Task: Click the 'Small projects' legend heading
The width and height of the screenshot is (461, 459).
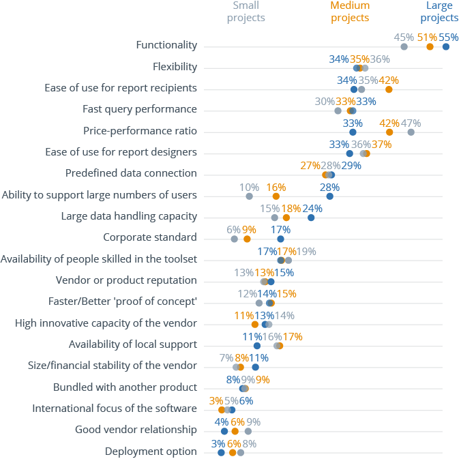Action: [x=246, y=12]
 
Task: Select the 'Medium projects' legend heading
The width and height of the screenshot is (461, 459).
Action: [x=350, y=12]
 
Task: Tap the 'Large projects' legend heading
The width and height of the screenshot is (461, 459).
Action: [x=439, y=12]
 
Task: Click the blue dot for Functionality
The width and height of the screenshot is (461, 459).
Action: [x=446, y=46]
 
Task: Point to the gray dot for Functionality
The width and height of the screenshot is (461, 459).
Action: [x=404, y=46]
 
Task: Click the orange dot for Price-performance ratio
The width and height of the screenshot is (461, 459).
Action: [x=389, y=132]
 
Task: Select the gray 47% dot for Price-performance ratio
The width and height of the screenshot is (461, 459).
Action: [x=411, y=132]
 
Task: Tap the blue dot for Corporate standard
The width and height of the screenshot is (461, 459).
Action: [x=280, y=239]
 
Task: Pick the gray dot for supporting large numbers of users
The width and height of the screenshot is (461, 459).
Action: [x=249, y=196]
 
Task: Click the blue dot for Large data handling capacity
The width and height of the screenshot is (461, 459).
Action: [x=311, y=218]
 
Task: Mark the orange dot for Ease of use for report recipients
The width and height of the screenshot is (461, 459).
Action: [x=389, y=89]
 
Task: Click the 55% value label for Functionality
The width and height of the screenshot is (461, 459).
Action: [x=449, y=37]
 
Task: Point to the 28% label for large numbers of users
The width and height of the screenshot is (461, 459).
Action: [x=329, y=187]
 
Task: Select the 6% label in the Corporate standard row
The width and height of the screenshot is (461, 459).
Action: [x=233, y=230]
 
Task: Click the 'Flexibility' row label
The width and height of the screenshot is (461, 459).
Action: [x=175, y=67]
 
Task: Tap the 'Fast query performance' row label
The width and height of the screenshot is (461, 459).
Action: [x=140, y=109]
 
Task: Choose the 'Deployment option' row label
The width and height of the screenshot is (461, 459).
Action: [x=151, y=451]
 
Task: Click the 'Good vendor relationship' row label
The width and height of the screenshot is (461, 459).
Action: [x=136, y=430]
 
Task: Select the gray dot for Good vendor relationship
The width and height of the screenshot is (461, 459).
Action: [x=248, y=431]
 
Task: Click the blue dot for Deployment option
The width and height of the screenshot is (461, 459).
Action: [x=221, y=452]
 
